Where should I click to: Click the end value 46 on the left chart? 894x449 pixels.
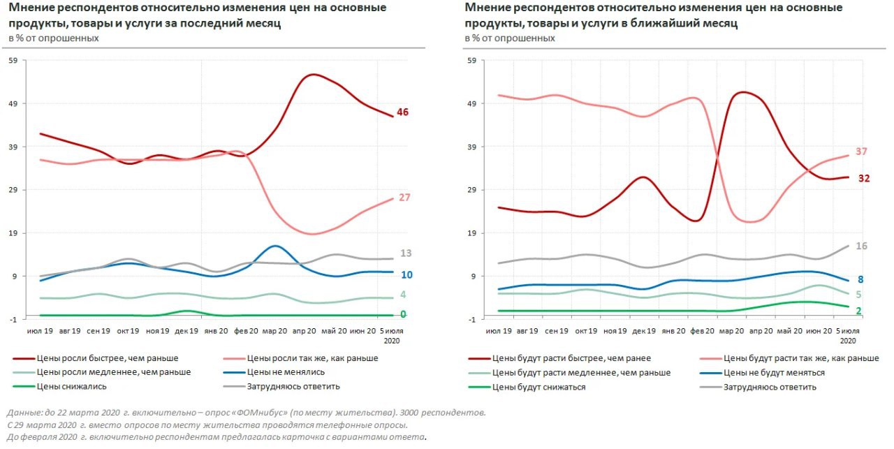click(x=402, y=112)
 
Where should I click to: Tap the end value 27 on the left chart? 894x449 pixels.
click(x=404, y=198)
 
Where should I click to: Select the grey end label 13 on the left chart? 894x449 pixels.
click(x=406, y=253)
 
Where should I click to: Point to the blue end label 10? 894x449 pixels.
click(x=406, y=274)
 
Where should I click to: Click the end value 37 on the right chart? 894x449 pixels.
click(x=860, y=152)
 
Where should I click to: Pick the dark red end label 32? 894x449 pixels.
click(x=864, y=178)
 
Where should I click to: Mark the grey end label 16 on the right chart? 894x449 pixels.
click(x=861, y=246)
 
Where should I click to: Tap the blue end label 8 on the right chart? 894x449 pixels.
click(x=860, y=279)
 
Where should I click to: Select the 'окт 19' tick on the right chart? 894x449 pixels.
click(x=585, y=330)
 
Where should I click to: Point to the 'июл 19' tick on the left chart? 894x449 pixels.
click(x=40, y=330)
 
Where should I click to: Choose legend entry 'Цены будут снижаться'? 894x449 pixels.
click(x=538, y=387)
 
